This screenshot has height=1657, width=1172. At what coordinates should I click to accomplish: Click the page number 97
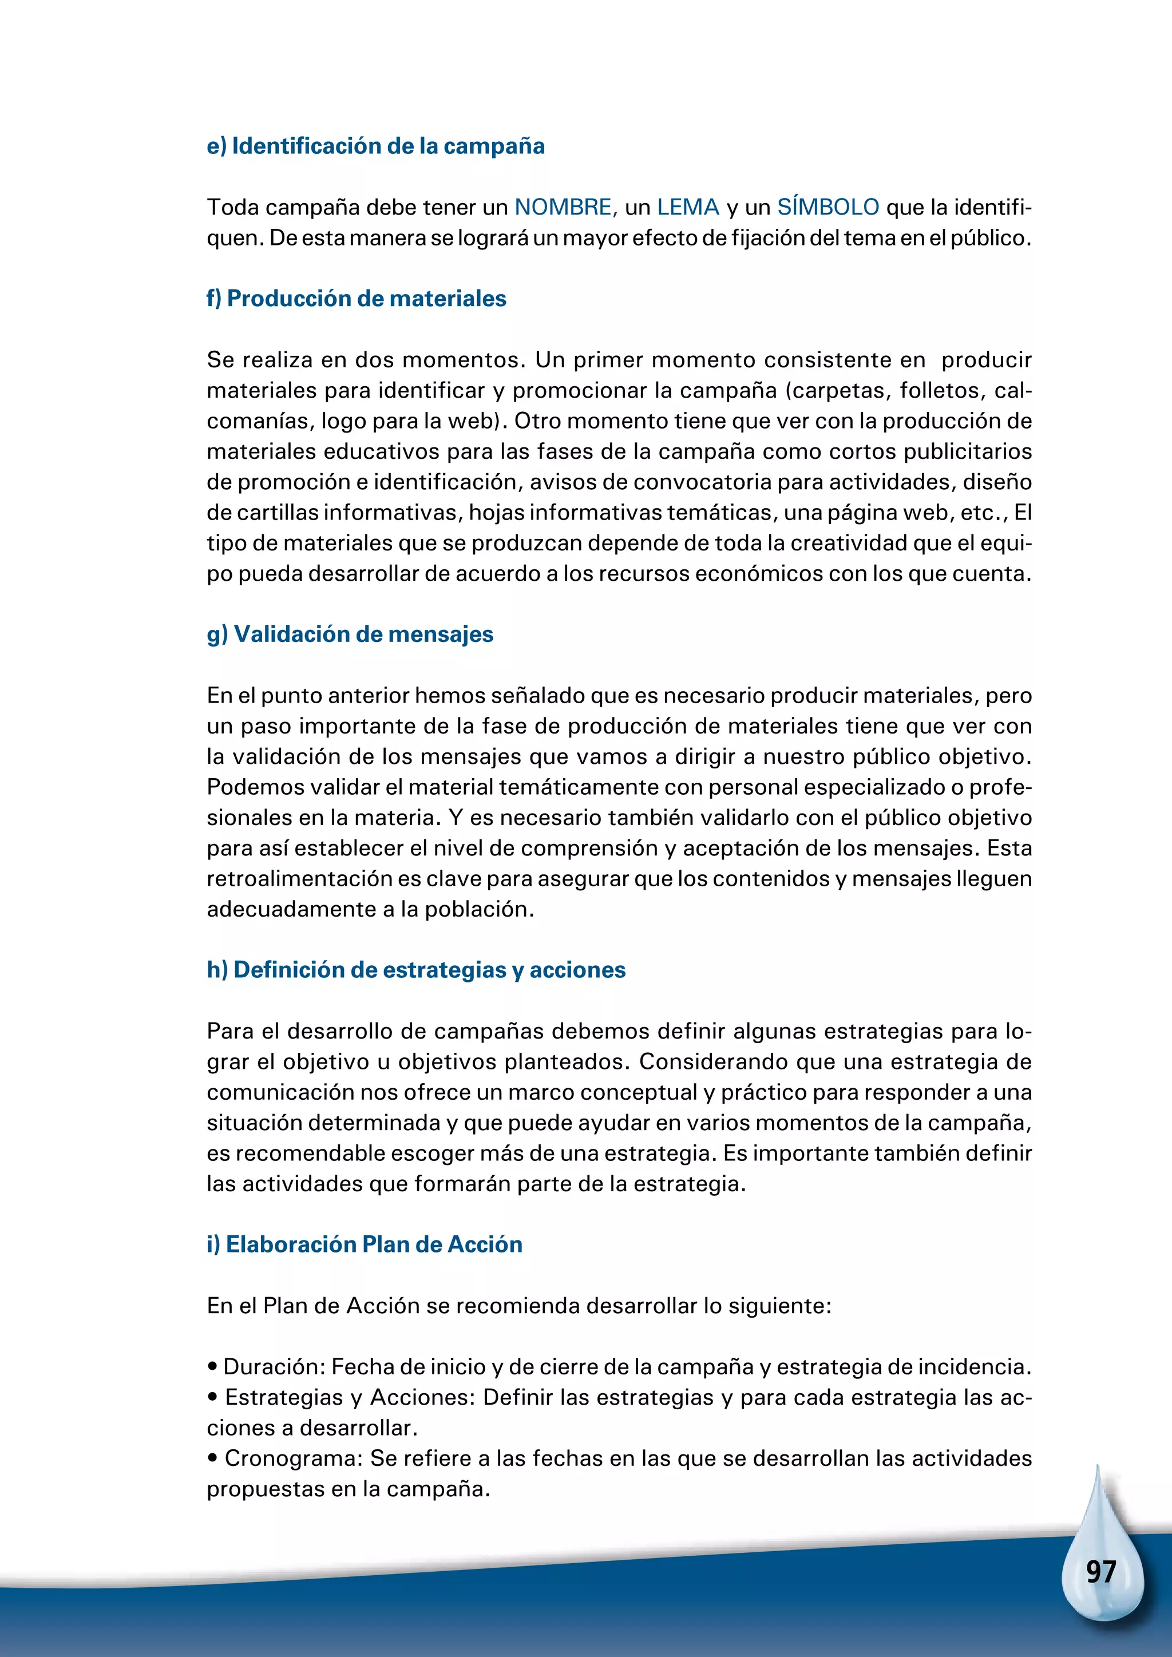pyautogui.click(x=1100, y=1572)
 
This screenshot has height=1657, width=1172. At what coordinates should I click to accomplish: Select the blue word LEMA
pyautogui.click(x=688, y=208)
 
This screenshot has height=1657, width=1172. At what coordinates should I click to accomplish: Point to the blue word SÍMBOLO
pyautogui.click(x=827, y=207)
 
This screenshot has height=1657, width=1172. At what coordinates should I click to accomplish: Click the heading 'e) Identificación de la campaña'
pyautogui.click(x=375, y=146)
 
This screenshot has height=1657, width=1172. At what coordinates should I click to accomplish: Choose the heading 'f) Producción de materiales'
pyautogui.click(x=356, y=299)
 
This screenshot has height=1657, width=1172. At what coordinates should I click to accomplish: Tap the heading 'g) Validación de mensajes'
pyautogui.click(x=350, y=635)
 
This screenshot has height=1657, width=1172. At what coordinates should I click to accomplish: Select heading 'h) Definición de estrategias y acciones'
pyautogui.click(x=415, y=970)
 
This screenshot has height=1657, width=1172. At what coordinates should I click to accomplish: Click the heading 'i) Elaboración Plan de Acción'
pyautogui.click(x=365, y=1245)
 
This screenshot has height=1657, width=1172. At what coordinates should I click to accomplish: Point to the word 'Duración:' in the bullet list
pyautogui.click(x=274, y=1367)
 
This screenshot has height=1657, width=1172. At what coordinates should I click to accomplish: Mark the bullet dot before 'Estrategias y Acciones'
pyautogui.click(x=213, y=1398)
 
